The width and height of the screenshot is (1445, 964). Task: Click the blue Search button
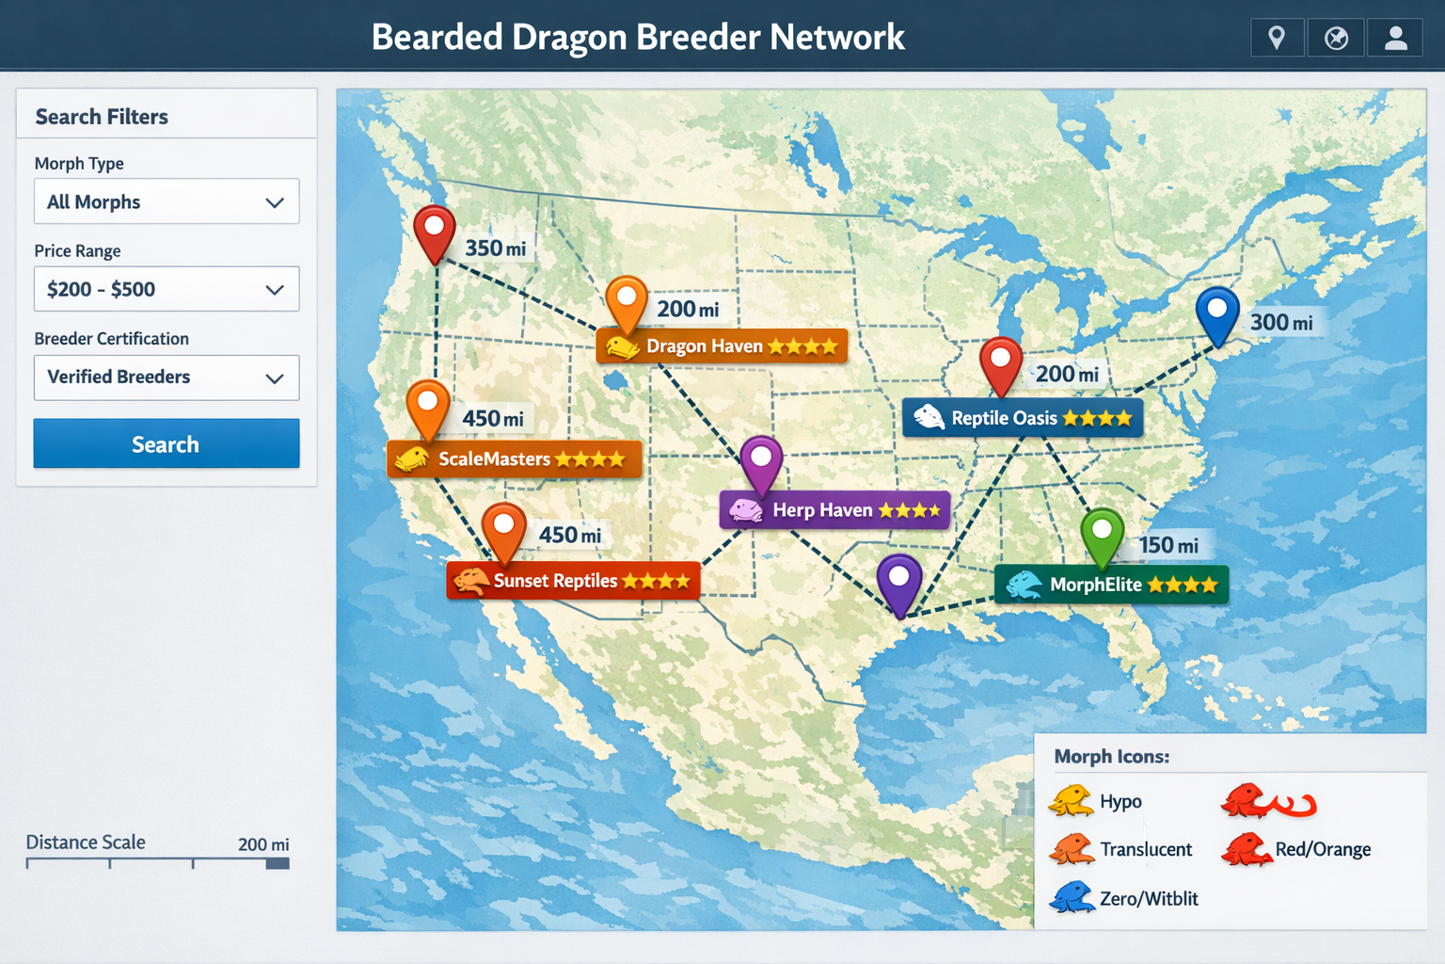(167, 443)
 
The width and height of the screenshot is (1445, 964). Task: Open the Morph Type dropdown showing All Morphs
(167, 201)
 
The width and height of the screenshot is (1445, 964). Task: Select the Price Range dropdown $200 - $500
(167, 289)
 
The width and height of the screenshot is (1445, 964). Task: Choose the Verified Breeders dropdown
(167, 378)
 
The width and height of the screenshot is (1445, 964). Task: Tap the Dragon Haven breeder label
(722, 346)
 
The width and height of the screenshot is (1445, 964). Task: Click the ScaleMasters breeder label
(514, 459)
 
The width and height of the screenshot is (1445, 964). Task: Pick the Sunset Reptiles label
(573, 581)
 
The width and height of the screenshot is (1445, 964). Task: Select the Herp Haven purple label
(834, 510)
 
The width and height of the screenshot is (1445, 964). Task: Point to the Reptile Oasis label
(1023, 418)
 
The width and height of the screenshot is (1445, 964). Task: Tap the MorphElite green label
(1111, 585)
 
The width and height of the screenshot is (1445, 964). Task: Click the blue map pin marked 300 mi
(1216, 313)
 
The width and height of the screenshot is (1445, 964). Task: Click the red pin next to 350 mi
(435, 231)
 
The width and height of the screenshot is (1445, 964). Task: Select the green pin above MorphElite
(1102, 534)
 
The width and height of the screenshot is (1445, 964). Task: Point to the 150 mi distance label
(1168, 545)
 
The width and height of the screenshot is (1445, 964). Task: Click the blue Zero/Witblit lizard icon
(1072, 897)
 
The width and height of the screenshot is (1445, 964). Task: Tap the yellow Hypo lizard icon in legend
(1071, 801)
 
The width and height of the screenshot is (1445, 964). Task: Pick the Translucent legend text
(1146, 849)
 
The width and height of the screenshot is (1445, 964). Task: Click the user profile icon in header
(1396, 39)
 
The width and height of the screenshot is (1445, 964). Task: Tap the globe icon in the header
(1336, 39)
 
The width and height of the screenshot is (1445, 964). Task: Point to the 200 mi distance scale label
(263, 844)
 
